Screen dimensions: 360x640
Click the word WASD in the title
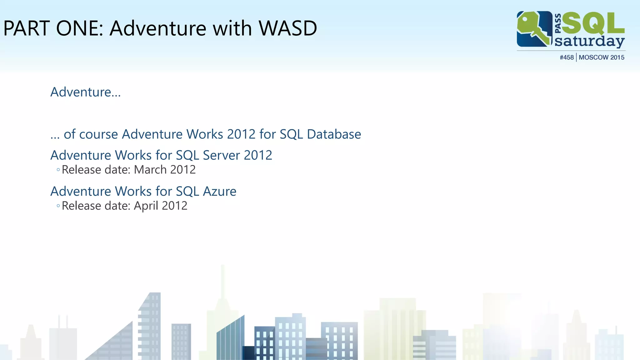click(288, 28)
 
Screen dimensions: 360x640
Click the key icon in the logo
click(534, 29)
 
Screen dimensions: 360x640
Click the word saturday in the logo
click(589, 42)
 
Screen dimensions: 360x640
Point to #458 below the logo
click(567, 57)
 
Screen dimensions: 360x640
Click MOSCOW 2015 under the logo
click(601, 57)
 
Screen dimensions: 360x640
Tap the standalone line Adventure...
click(85, 92)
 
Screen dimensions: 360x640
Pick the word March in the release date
click(150, 170)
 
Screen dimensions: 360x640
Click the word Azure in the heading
click(219, 191)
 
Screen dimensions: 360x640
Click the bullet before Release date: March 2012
click(58, 170)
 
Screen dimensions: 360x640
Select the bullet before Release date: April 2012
click(58, 206)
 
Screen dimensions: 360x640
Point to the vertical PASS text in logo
click(558, 23)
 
